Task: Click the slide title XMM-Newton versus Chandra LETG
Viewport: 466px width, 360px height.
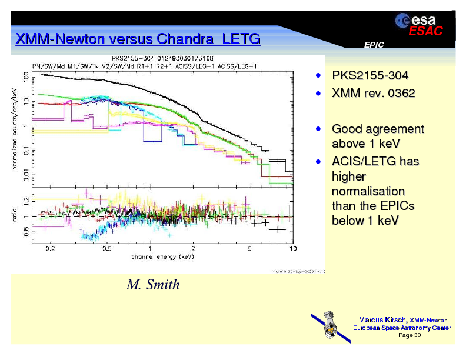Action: (137, 39)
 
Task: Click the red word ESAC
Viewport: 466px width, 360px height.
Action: (425, 32)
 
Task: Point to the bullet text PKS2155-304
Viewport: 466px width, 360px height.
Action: (370, 76)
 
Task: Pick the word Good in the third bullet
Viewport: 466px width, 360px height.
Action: (345, 129)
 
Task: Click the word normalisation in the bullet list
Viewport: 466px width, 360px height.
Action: (368, 191)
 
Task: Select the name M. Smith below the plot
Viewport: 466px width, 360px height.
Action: (153, 285)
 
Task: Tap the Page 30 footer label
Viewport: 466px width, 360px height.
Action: (410, 335)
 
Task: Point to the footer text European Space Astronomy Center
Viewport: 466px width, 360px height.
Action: (402, 328)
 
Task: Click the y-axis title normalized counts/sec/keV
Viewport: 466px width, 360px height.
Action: (15, 128)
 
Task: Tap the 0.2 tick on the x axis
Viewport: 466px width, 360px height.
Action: (51, 249)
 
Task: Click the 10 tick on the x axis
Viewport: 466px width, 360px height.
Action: (292, 249)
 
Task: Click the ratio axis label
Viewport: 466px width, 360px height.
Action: (15, 216)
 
